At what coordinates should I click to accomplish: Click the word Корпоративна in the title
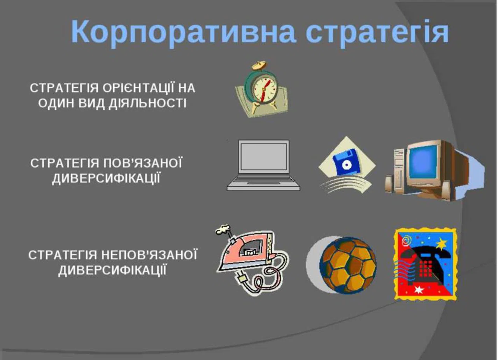(x=183, y=32)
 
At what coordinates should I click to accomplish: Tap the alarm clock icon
(x=262, y=89)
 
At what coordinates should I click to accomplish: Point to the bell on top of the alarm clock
(x=259, y=65)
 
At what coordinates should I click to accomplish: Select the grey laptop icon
(x=263, y=165)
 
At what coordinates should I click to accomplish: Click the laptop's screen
(x=264, y=156)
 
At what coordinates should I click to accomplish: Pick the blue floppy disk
(x=346, y=161)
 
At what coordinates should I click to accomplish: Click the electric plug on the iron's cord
(x=242, y=278)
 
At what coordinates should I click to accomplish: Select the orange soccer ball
(x=348, y=265)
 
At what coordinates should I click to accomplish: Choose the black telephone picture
(x=425, y=264)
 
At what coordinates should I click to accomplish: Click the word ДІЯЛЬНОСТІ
(x=147, y=103)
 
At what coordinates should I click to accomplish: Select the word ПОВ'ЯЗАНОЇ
(x=143, y=163)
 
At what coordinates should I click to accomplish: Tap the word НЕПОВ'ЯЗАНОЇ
(x=149, y=255)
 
